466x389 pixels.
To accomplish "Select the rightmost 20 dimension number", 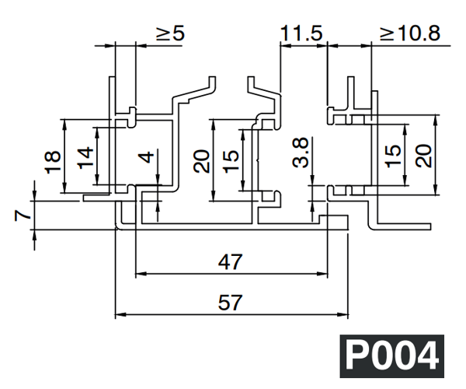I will (424, 156).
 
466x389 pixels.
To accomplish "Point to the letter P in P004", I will (360, 358).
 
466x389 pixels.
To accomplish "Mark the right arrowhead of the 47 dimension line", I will (322, 273).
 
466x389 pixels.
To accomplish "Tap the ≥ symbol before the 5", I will (164, 35).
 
